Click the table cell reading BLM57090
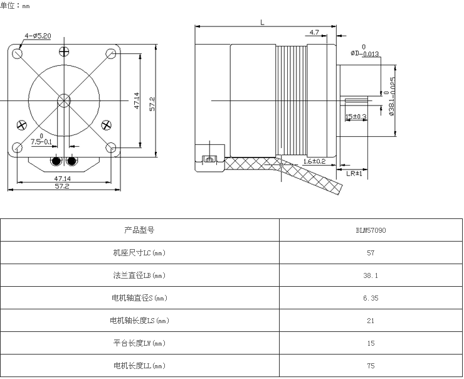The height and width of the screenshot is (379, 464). (371, 230)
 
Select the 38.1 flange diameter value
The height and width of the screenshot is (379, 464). (371, 275)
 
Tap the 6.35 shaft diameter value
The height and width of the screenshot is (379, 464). (371, 298)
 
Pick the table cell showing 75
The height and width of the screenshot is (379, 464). (371, 366)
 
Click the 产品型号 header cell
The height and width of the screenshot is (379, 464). (139, 230)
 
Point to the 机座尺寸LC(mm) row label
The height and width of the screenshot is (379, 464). (139, 253)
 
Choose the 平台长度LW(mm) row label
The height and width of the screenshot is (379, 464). (139, 343)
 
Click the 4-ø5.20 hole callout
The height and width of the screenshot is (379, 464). (38, 35)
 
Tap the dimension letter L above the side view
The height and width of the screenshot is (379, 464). (262, 22)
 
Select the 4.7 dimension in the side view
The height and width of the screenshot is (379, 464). (315, 32)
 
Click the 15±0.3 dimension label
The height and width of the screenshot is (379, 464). (356, 116)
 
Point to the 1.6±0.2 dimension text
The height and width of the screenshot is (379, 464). (314, 161)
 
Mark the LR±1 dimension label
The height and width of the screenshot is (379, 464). (354, 173)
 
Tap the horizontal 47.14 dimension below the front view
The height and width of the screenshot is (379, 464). (63, 178)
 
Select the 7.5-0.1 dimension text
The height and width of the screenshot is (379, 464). (41, 142)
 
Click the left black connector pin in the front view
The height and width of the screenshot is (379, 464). (56, 161)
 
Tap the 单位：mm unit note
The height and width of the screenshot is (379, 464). (15, 5)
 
